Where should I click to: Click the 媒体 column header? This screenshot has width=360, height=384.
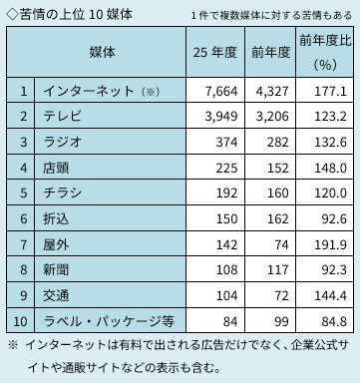click(x=102, y=52)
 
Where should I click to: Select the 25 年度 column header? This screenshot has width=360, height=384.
click(x=215, y=52)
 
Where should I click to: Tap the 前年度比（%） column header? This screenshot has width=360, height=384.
click(x=325, y=52)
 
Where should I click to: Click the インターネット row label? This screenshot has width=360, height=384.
click(x=89, y=91)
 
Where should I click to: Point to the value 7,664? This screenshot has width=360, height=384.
click(x=221, y=91)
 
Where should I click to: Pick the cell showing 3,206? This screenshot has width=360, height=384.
click(x=272, y=117)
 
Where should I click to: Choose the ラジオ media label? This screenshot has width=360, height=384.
click(x=63, y=142)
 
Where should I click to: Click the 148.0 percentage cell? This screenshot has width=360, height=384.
click(x=331, y=168)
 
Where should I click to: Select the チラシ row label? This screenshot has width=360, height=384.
click(x=63, y=192)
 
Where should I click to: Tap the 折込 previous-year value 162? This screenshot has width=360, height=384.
click(x=277, y=218)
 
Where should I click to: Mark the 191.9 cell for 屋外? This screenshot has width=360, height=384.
click(x=331, y=244)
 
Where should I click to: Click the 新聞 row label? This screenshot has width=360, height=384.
click(x=56, y=269)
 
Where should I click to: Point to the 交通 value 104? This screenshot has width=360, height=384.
click(x=226, y=295)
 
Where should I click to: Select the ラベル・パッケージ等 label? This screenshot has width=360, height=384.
click(x=109, y=321)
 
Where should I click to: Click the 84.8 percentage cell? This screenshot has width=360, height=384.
click(x=334, y=321)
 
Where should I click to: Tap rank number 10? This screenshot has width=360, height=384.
click(x=20, y=321)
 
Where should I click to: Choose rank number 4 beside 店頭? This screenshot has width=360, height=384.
click(x=23, y=168)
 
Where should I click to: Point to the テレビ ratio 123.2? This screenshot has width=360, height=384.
click(x=331, y=117)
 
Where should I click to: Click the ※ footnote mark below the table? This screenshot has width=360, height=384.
click(x=13, y=345)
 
